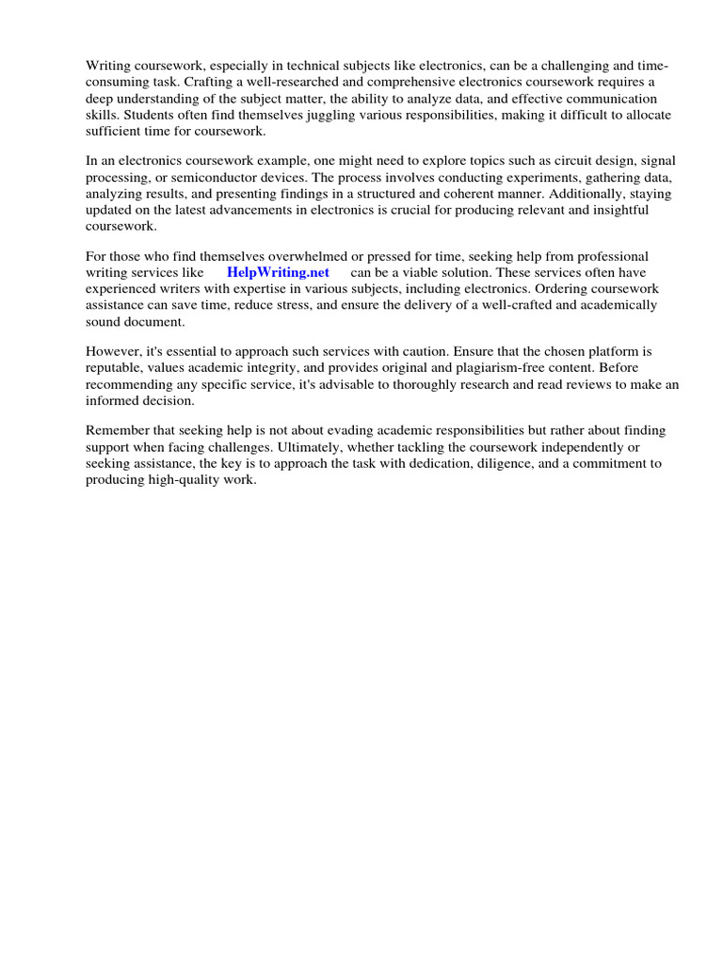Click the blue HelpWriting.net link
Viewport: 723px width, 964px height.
tap(278, 272)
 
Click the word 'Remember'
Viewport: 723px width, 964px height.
tap(120, 430)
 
